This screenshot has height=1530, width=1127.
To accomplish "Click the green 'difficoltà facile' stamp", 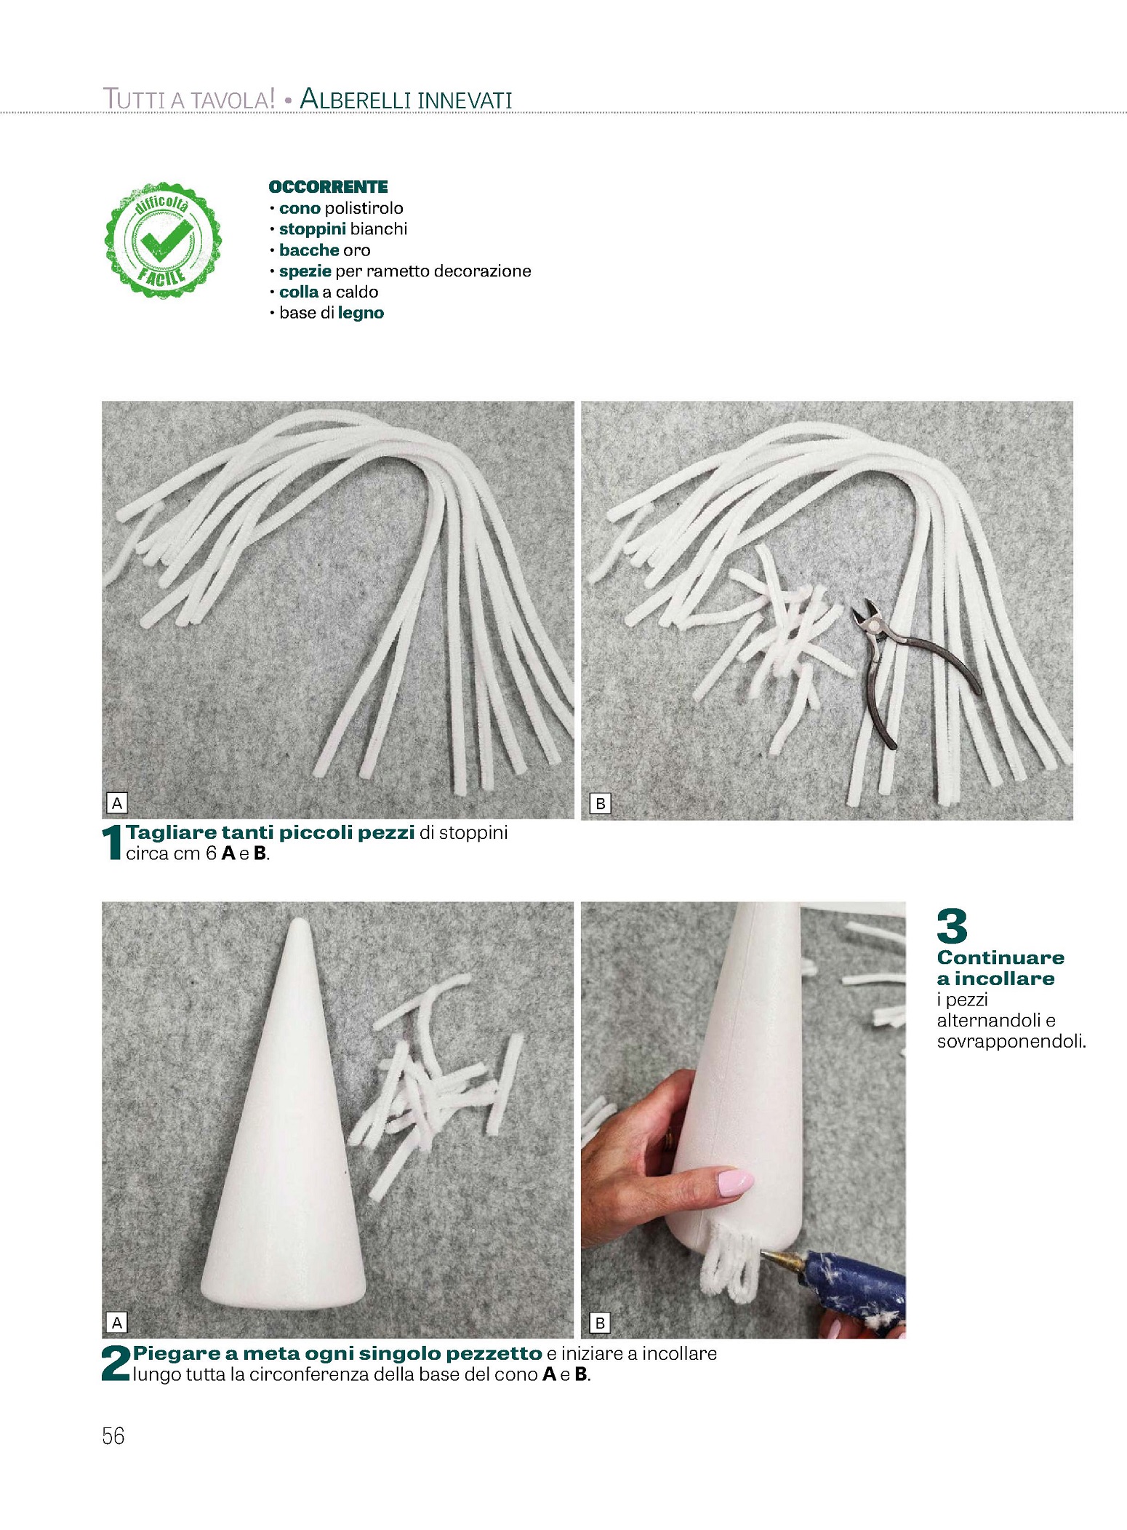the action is (164, 240).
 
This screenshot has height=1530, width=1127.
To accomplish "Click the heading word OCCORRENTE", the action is (329, 187).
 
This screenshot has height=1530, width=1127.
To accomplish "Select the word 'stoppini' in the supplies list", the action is (312, 229).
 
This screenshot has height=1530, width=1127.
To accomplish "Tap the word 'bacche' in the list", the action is (309, 250).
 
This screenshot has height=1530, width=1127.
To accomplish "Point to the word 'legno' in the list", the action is (361, 314).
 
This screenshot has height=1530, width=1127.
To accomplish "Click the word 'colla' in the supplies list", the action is (299, 292).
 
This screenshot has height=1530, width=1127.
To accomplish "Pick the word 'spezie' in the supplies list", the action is (305, 271).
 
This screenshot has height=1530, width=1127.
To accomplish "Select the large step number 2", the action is (116, 1363).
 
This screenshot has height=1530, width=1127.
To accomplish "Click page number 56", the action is (113, 1436).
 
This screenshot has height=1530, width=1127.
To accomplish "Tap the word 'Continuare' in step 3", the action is (1000, 957).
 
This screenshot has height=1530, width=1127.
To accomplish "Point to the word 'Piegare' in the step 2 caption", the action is (177, 1354).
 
